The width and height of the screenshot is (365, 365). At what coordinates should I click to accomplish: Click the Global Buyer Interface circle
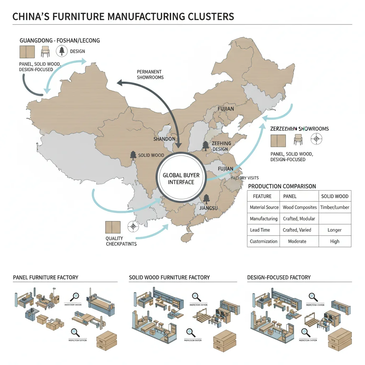pos(181,178)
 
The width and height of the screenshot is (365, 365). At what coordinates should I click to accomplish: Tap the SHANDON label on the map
pos(164,139)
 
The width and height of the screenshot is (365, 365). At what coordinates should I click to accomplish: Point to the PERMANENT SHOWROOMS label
pos(150,74)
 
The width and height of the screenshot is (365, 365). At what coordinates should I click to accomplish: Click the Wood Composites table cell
pos(299,207)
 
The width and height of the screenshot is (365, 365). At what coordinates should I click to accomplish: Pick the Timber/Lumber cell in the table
pos(335,207)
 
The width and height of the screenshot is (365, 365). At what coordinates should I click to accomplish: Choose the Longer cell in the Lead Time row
pos(335,230)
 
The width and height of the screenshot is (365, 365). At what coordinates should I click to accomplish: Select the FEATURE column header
pos(262,196)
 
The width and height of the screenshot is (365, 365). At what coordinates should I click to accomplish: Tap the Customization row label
pos(263,241)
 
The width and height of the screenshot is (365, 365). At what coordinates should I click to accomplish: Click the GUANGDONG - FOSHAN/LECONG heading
pos(60,40)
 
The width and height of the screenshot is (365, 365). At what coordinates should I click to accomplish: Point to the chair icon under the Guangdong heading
pos(45,51)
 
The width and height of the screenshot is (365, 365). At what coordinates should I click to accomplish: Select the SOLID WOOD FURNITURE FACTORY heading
pos(169,277)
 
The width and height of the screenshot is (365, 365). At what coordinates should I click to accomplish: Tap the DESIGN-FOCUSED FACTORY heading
pos(279,277)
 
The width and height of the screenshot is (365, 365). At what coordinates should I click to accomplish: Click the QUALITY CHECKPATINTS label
pos(121,241)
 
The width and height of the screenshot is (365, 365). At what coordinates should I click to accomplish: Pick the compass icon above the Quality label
pos(133,227)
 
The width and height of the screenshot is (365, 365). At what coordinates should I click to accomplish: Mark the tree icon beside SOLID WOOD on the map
pos(133,155)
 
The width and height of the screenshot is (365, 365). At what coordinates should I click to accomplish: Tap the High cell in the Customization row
pos(335,241)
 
